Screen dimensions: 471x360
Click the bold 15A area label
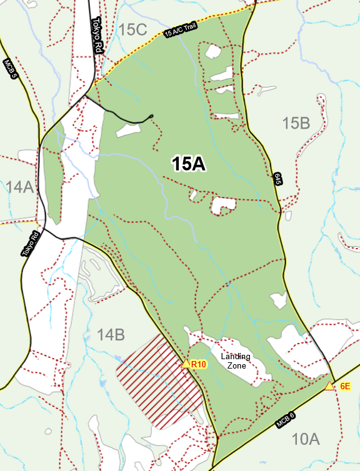pyautogui.click(x=189, y=164)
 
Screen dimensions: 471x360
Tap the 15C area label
pyautogui.click(x=132, y=29)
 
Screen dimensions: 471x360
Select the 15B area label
pyautogui.click(x=296, y=123)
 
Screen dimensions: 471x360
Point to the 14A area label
pyautogui.click(x=20, y=186)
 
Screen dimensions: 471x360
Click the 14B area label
pyautogui.click(x=111, y=335)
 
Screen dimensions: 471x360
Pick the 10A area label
pyautogui.click(x=306, y=439)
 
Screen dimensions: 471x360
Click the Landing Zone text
pyautogui.click(x=236, y=360)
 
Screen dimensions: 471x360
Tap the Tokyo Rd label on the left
pyautogui.click(x=31, y=243)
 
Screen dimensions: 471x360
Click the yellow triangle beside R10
pyautogui.click(x=186, y=364)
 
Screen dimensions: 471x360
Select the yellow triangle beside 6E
pyautogui.click(x=329, y=386)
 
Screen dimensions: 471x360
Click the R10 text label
pyautogui.click(x=199, y=364)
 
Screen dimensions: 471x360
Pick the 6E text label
pyautogui.click(x=345, y=387)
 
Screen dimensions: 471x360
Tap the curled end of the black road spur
pyautogui.click(x=151, y=116)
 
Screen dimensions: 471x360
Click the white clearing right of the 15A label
pyautogui.click(x=224, y=205)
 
